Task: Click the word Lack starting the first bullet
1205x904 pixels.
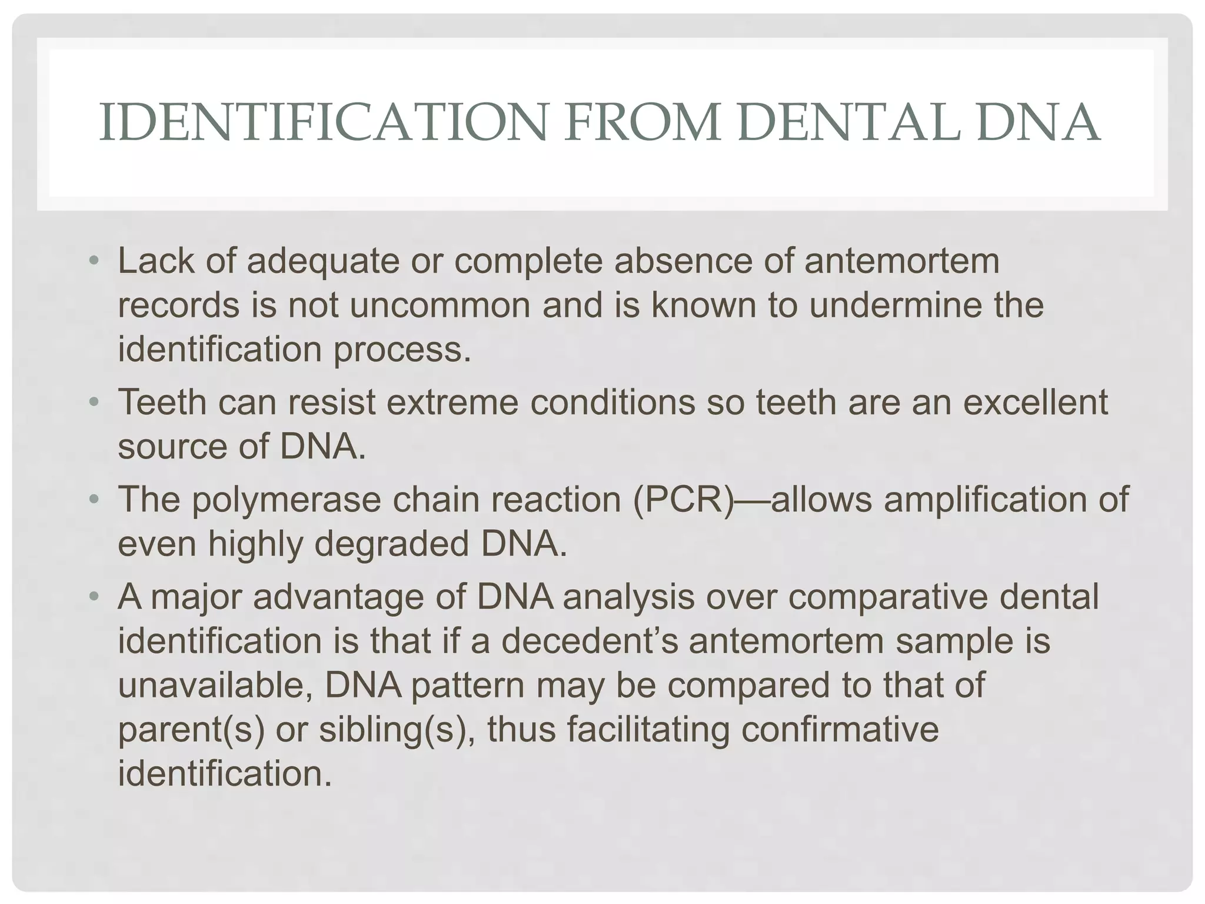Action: click(x=155, y=261)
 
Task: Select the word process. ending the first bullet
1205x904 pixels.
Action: click(x=403, y=349)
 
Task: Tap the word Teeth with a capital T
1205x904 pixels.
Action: click(x=162, y=403)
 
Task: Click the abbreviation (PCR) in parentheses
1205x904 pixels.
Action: click(x=684, y=500)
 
